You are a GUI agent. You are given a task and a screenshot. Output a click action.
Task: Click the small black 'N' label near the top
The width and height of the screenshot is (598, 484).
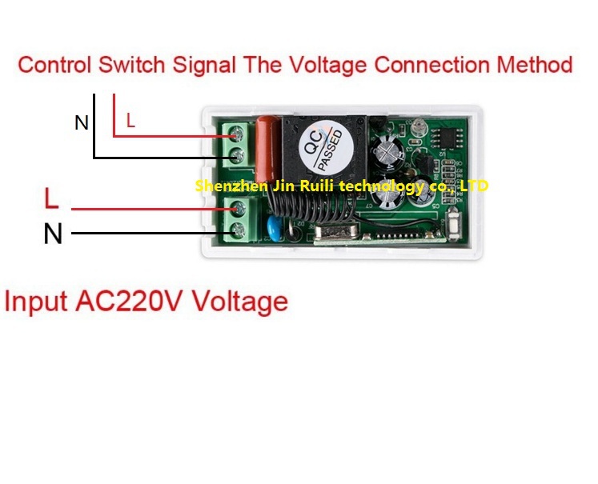click(82, 122)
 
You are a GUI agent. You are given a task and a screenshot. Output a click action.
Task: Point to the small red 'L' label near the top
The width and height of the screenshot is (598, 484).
click(130, 122)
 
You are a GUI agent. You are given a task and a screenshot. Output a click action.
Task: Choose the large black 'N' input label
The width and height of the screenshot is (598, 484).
click(53, 234)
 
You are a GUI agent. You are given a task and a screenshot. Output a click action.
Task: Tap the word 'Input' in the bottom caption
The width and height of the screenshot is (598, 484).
click(36, 302)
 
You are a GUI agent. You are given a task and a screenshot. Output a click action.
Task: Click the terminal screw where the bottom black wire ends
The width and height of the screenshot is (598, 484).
click(237, 234)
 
